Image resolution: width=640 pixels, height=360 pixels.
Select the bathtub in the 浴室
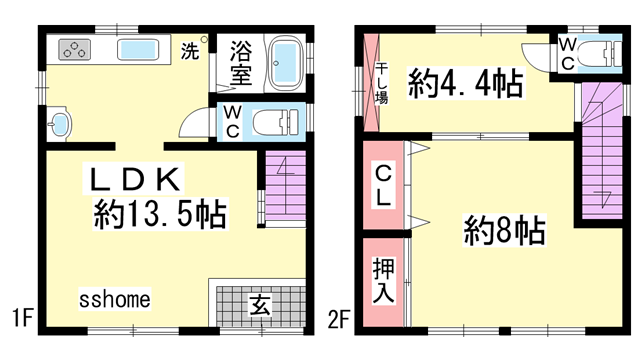tap(284, 62)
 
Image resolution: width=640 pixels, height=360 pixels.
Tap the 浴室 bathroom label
tap(240, 61)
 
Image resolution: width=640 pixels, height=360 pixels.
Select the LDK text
tap(135, 181)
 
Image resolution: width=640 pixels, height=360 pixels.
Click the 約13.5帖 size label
tap(159, 214)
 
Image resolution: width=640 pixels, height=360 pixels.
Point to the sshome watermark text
tap(115, 298)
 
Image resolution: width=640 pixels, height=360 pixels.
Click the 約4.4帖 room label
tap(464, 85)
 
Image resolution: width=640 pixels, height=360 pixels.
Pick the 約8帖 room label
tap(504, 233)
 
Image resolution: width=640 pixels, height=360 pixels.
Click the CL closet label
tap(384, 187)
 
